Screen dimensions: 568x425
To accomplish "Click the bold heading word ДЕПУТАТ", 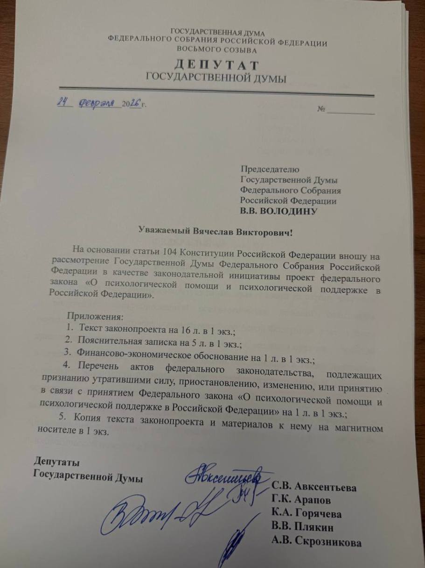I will pyautogui.click(x=217, y=65).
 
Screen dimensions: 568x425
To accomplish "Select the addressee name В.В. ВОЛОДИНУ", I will pyautogui.click(x=279, y=212).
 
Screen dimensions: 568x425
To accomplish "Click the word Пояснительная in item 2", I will pyautogui.click(x=106, y=344).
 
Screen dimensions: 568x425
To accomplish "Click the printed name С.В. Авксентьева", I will pyautogui.click(x=314, y=488).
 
